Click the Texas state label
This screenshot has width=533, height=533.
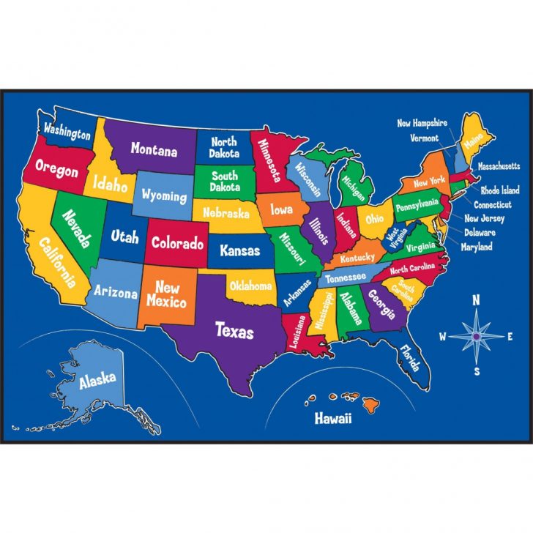click(234, 330)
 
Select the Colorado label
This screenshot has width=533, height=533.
click(177, 242)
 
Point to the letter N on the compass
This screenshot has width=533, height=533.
click(475, 299)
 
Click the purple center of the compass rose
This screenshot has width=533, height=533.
click(477, 336)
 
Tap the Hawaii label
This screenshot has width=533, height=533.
click(333, 419)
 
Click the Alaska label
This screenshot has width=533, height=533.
click(97, 379)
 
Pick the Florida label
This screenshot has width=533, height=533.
click(410, 359)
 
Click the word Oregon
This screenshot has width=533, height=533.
click(56, 171)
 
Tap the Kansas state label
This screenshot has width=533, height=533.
click(239, 250)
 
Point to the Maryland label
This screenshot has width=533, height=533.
click(476, 247)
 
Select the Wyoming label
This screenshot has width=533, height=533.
click(164, 195)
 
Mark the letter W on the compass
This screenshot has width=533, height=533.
click(442, 337)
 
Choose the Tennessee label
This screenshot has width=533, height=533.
click(347, 278)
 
